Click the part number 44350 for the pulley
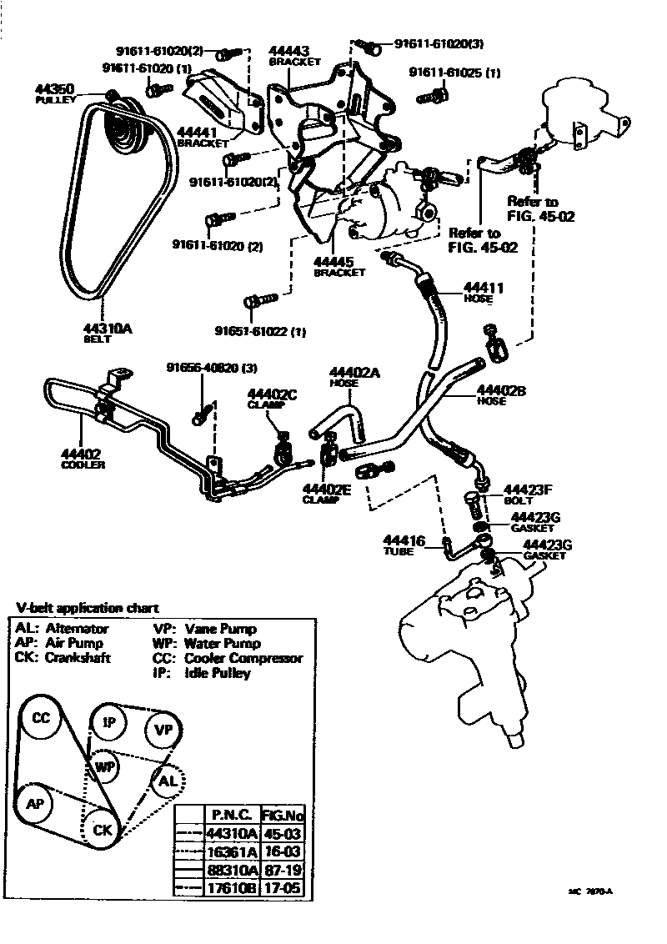[54, 88]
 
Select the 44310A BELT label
[108, 329]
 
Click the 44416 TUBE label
[404, 542]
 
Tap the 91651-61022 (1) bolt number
[260, 332]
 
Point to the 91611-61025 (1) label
[454, 73]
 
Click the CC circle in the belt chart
[40, 718]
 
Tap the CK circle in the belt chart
[103, 829]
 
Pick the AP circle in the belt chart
[35, 804]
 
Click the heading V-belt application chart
[88, 608]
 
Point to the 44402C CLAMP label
[272, 397]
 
